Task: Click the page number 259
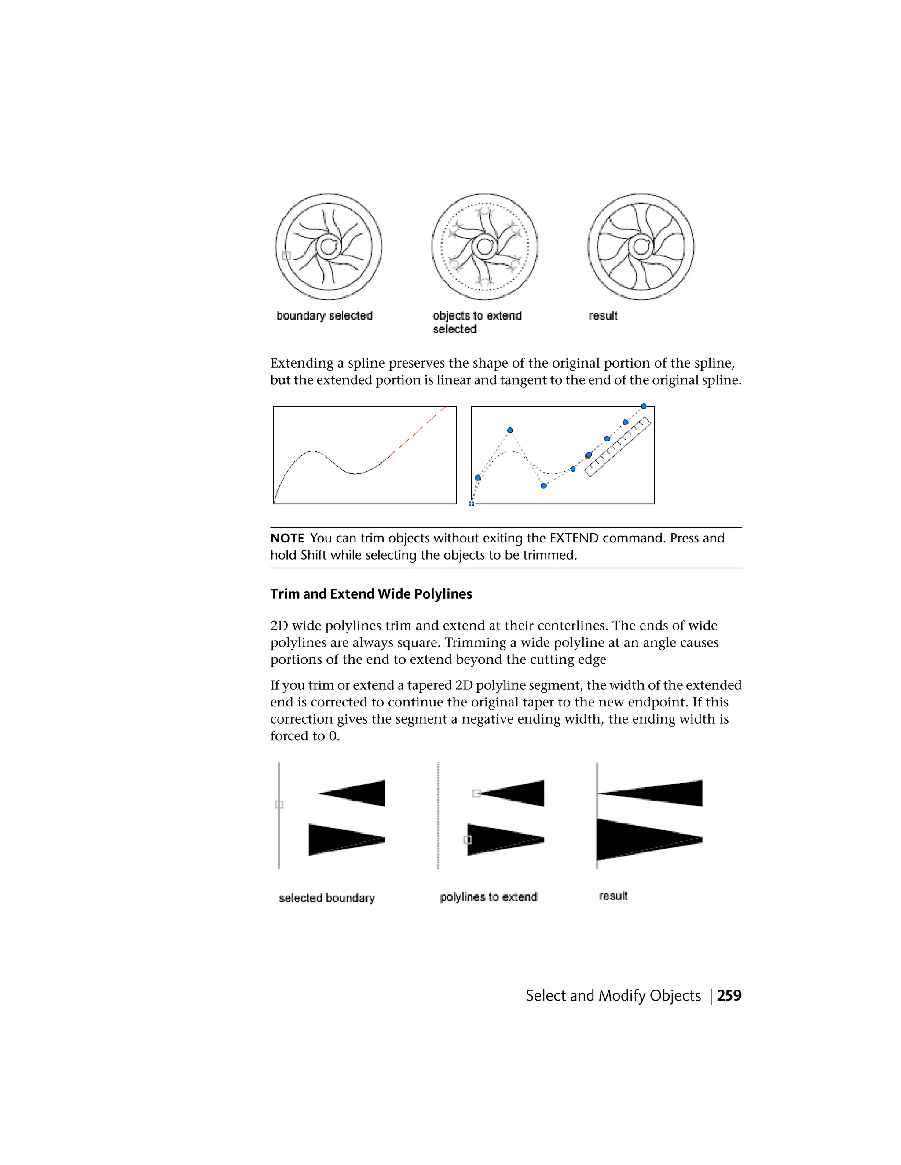click(x=729, y=995)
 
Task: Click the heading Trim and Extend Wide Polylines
click(x=371, y=594)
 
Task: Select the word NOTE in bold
click(x=287, y=538)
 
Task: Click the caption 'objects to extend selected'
click(x=476, y=322)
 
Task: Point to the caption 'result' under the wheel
click(x=603, y=316)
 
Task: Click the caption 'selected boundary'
click(x=327, y=898)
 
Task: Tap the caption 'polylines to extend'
click(x=488, y=897)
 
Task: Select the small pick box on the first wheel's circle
click(x=287, y=255)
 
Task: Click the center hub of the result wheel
click(x=641, y=247)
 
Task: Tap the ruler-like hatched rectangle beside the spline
click(x=618, y=447)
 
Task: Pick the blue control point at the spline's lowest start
click(x=471, y=503)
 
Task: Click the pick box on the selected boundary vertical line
click(x=278, y=805)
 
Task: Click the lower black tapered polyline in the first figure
click(x=341, y=840)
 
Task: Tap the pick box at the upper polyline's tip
click(x=476, y=794)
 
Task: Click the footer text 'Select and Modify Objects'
click(x=613, y=995)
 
